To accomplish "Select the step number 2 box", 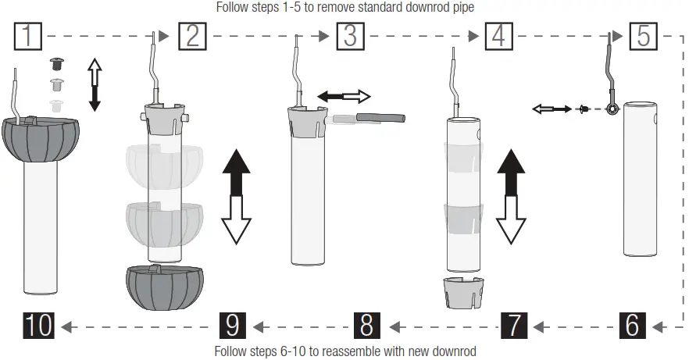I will pos(191,37).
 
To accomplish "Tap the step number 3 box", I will pos(350,37).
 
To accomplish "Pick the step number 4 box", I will pos(498,37).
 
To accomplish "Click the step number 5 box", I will pos(643,37).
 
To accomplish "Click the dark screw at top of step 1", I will pos(56,62).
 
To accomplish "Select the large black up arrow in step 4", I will pos(510,171).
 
